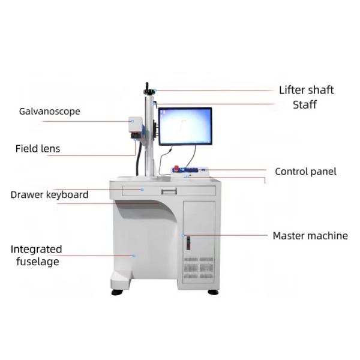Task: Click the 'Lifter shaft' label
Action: point(306,90)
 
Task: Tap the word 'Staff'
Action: point(305,104)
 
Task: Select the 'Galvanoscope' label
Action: point(50,112)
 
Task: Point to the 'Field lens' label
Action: point(38,149)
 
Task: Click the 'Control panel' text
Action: point(305,172)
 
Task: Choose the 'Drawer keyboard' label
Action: point(50,194)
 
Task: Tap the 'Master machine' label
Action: point(310,236)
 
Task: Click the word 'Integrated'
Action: point(36,250)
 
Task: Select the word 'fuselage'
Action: point(38,262)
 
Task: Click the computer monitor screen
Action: point(185,126)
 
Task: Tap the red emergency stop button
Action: point(177,168)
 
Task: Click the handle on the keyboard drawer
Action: point(169,191)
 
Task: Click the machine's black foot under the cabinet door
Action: point(213,292)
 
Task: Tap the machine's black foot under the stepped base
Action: point(117,292)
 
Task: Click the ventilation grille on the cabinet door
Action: point(199,268)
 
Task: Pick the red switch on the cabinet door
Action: point(188,243)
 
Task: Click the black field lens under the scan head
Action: point(136,136)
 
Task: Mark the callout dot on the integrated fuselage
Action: point(134,256)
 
